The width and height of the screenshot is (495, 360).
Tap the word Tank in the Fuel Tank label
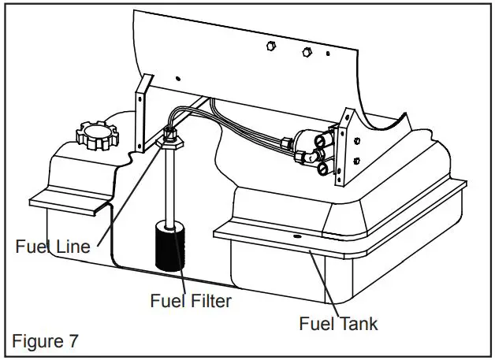coord(359,323)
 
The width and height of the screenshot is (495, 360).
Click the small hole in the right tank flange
coord(299,236)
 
